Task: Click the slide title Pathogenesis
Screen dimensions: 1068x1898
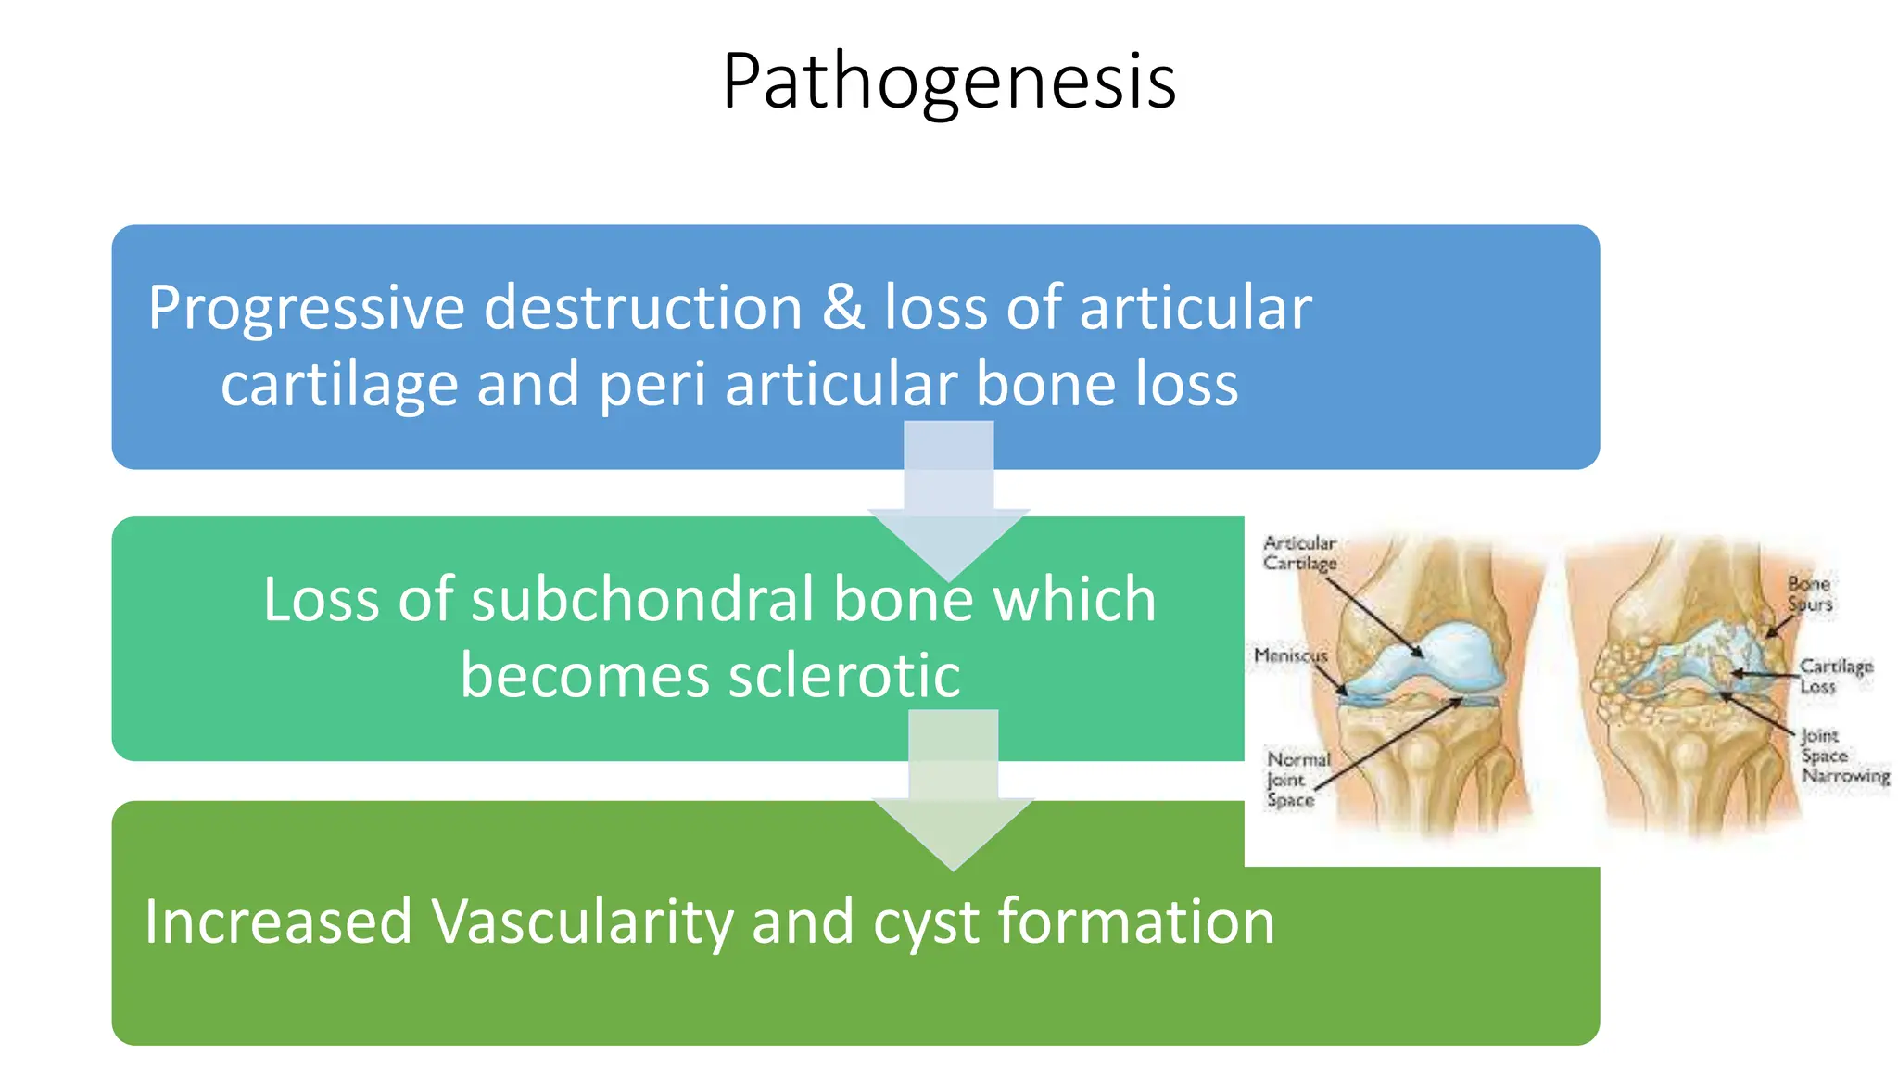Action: pyautogui.click(x=949, y=82)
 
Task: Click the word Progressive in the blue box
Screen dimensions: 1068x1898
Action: pyautogui.click(x=306, y=308)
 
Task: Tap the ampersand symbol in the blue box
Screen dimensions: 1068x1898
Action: pyautogui.click(x=842, y=308)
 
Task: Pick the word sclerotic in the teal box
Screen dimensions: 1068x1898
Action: pyautogui.click(x=843, y=675)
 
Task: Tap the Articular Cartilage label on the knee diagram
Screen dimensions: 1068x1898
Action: pyautogui.click(x=1299, y=553)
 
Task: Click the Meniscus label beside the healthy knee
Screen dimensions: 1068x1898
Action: pyautogui.click(x=1290, y=655)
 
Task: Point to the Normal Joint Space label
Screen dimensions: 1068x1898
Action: pyautogui.click(x=1297, y=779)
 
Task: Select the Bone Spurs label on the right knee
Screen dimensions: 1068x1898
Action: pyautogui.click(x=1810, y=593)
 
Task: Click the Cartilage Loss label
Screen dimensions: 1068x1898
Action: pyautogui.click(x=1835, y=676)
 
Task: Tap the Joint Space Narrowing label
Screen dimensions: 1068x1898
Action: pyautogui.click(x=1843, y=756)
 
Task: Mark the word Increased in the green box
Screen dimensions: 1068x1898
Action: pyautogui.click(x=278, y=922)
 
